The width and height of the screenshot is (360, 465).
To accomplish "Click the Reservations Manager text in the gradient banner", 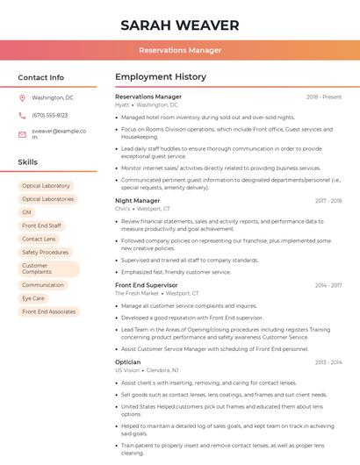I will click(179, 50).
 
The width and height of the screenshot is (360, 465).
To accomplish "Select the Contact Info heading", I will click(41, 77).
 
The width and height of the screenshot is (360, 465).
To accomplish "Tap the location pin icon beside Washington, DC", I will click(23, 97).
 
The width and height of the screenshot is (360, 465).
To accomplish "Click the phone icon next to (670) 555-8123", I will click(23, 115).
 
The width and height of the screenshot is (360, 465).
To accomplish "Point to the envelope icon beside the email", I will click(23, 133).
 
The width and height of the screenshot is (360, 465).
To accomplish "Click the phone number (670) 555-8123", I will click(49, 115).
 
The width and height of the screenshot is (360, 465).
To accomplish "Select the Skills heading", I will click(28, 162).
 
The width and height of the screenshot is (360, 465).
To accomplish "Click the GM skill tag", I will click(26, 212).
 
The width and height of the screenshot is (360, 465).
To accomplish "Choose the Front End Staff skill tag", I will click(42, 225).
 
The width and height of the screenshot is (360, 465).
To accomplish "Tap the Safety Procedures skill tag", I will click(45, 252).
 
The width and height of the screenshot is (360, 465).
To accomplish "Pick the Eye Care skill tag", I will click(33, 298).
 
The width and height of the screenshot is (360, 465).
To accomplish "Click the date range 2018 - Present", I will click(324, 97).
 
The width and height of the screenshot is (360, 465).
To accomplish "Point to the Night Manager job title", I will click(138, 201).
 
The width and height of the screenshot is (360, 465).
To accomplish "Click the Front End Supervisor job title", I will click(147, 285).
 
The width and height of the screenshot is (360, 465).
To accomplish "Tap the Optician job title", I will click(127, 361).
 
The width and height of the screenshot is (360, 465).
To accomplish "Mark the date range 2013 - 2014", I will click(328, 361).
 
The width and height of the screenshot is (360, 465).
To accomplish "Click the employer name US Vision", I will click(127, 370).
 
